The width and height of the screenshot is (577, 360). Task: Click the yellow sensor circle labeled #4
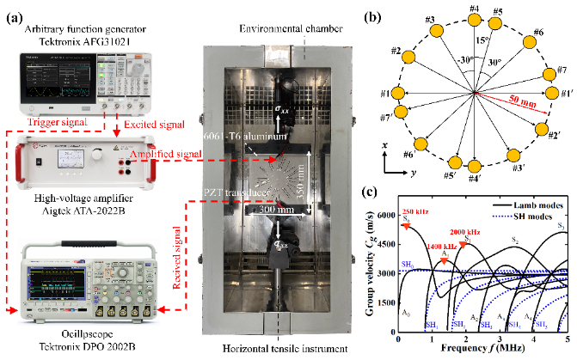475,21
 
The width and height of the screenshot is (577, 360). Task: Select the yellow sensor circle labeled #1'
543,93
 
